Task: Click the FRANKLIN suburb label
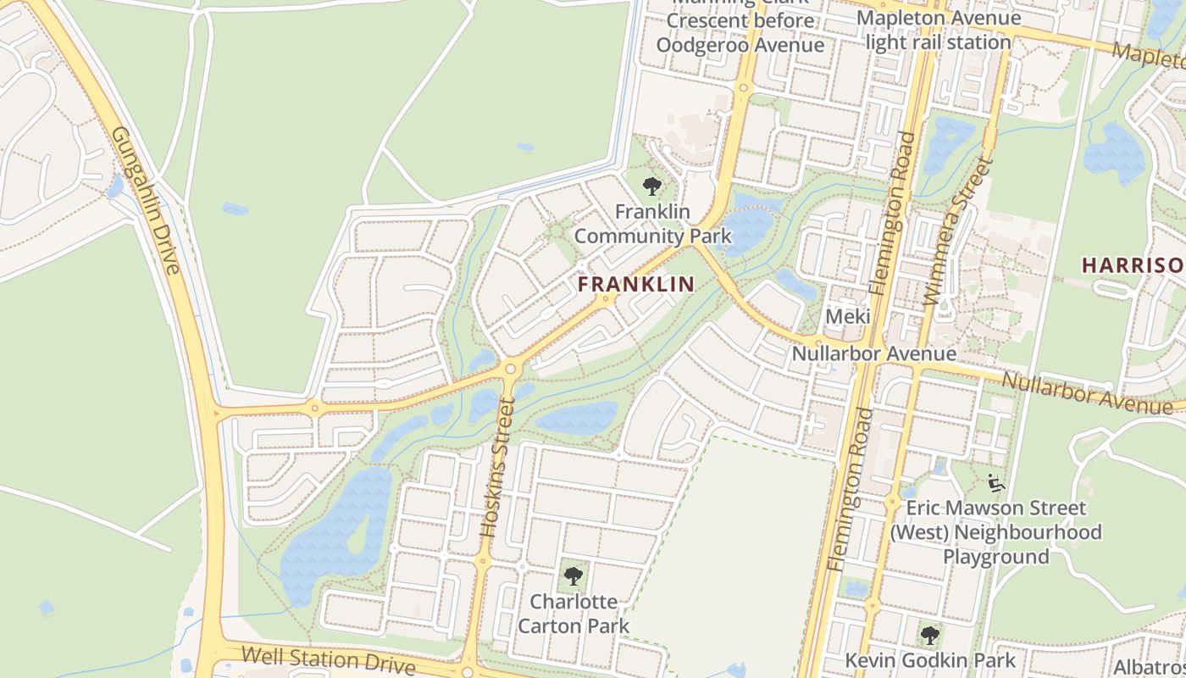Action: coord(636,285)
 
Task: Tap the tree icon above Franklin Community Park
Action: coord(651,186)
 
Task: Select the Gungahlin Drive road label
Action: coord(147,201)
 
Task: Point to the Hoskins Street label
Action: coord(497,467)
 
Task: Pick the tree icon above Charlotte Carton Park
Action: coord(574,577)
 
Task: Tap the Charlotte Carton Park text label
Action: coord(574,614)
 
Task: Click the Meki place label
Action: coord(848,316)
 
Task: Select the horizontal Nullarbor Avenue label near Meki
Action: coord(873,353)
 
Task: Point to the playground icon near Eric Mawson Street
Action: coord(996,484)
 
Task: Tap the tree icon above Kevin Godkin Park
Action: coord(930,635)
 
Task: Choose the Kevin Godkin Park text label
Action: coord(930,659)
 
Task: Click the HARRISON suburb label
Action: coord(1133,265)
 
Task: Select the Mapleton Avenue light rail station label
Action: coord(939,30)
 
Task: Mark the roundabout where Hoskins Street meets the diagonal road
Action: coord(510,369)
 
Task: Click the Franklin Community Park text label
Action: coord(652,224)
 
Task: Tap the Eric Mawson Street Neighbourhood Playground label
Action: coord(996,532)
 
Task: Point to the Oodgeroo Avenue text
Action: coord(740,45)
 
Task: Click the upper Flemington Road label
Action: coord(890,214)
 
